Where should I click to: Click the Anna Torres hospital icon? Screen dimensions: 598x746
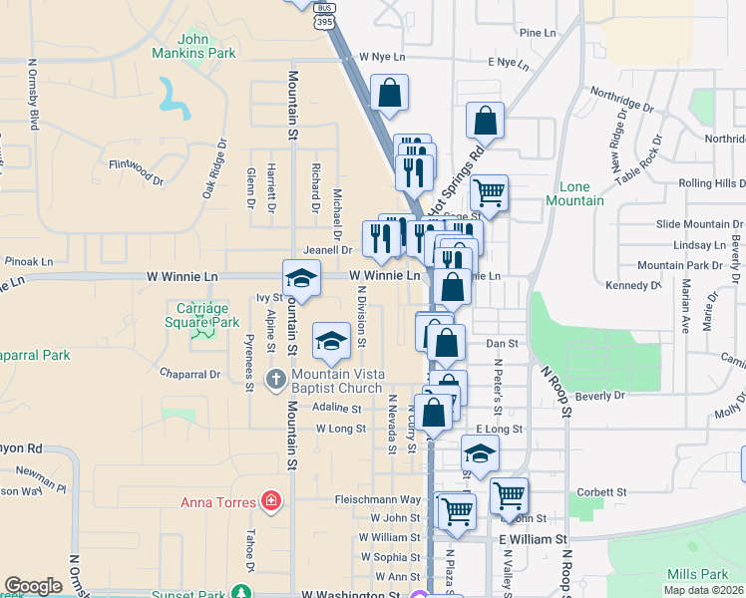270,500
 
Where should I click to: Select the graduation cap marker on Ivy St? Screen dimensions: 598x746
301,278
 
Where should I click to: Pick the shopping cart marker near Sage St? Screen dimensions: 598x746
489,191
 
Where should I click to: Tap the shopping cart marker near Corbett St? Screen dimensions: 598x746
509,493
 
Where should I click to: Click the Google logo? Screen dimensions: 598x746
33,586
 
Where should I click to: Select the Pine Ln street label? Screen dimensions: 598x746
537,33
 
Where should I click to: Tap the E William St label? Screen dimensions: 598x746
533,538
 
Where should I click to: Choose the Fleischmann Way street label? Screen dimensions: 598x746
378,499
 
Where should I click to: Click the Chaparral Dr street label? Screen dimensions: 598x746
189,374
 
